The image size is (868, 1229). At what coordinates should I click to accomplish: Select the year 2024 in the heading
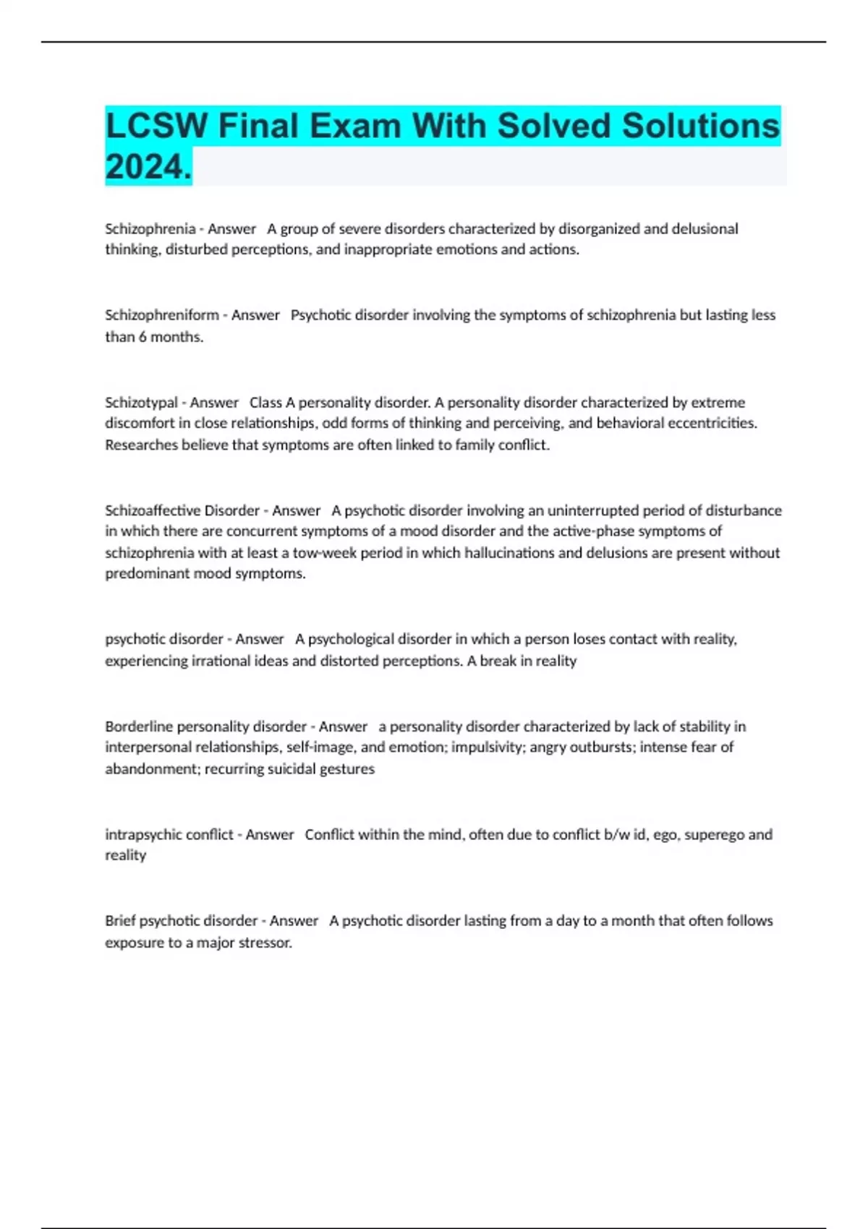point(147,167)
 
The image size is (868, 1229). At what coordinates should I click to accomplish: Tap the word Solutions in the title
point(701,126)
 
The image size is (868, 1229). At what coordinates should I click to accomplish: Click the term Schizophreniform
point(162,315)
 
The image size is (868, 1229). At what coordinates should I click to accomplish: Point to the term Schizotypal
point(141,402)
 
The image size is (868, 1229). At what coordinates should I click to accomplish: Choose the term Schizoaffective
point(153,510)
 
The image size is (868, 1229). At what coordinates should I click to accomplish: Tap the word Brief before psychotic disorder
point(120,920)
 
